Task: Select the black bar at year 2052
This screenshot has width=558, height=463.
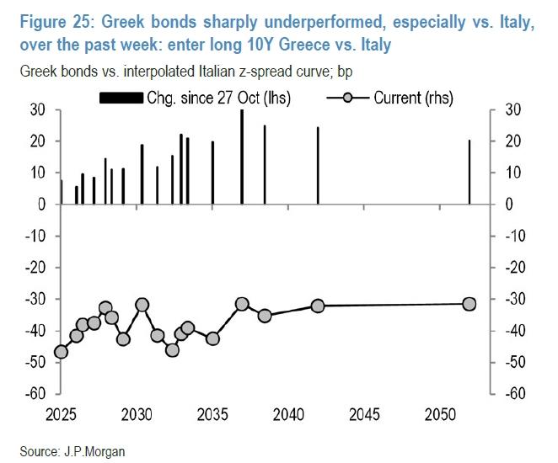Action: coord(469,172)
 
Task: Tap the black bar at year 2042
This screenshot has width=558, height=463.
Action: coord(318,166)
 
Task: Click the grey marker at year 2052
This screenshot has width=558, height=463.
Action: coord(469,304)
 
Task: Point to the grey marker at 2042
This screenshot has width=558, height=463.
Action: coord(318,306)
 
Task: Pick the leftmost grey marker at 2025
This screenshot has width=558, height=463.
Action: coord(61,352)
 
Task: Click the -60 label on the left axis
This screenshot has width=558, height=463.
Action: coord(35,394)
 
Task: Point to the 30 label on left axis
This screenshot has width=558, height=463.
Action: coord(39,109)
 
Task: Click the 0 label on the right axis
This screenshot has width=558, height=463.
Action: coord(507,205)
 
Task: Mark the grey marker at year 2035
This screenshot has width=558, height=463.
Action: coord(212,338)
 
